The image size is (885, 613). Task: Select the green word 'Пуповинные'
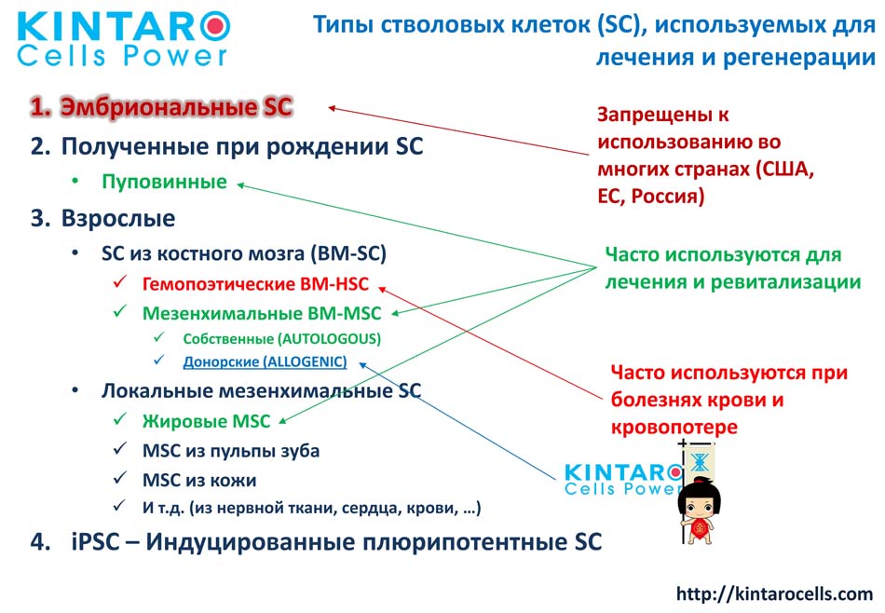tap(164, 182)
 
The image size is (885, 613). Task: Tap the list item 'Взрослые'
tap(118, 218)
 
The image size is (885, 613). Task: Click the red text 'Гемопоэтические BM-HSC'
tap(255, 283)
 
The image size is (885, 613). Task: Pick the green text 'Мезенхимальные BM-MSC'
tap(262, 313)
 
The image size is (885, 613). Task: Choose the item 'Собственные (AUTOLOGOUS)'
tap(281, 339)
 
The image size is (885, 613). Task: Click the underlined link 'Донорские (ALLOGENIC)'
tap(265, 361)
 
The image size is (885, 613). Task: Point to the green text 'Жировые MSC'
tap(206, 421)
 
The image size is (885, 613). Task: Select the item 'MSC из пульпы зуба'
tap(231, 451)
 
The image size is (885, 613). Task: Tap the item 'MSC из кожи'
tap(199, 481)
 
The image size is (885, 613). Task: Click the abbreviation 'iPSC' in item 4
tap(95, 542)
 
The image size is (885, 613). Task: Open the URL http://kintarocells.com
tap(774, 593)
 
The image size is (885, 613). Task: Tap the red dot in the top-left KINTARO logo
tap(215, 26)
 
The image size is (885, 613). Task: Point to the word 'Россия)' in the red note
tap(668, 196)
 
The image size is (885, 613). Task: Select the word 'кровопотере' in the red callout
tap(674, 428)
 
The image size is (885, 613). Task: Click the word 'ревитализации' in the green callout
tap(785, 282)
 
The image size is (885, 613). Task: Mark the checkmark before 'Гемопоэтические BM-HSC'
tap(119, 282)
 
